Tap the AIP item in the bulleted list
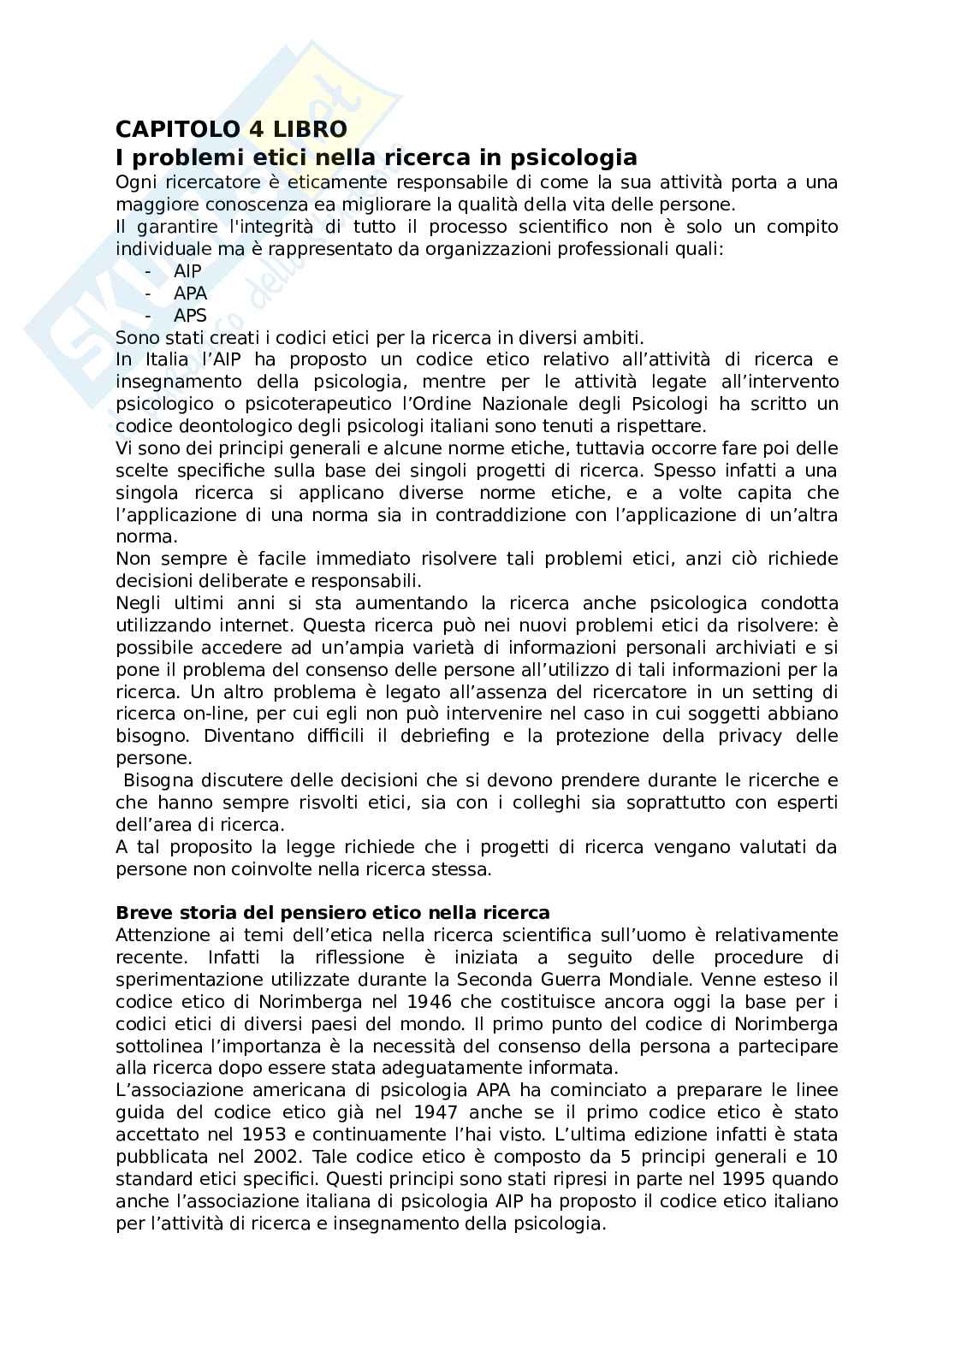[187, 271]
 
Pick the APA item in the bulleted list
[190, 293]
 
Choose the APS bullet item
[190, 316]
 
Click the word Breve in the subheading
[139, 913]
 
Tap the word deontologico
[230, 426]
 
